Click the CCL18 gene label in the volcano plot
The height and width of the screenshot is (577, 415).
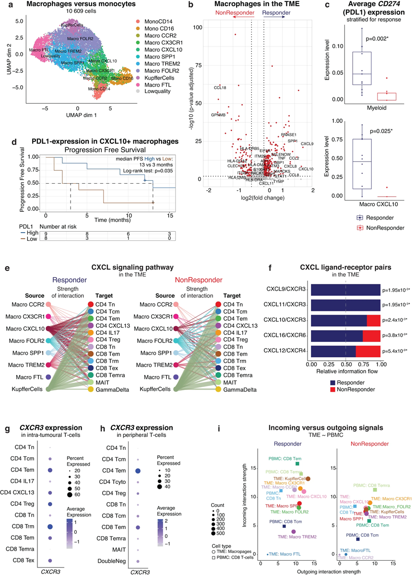[x=220, y=87]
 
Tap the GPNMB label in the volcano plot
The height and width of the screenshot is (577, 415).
[x=218, y=115]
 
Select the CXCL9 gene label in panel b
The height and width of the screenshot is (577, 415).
[x=307, y=143]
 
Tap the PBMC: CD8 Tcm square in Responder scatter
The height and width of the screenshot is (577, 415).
[x=284, y=526]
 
